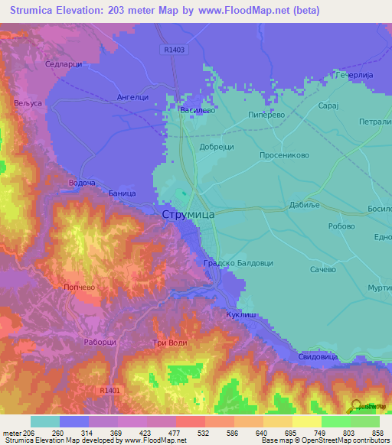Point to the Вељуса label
27,102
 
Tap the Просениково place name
284,154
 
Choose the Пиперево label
267,115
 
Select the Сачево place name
322,269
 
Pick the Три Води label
170,343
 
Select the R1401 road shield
109,390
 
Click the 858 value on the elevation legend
372,433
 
